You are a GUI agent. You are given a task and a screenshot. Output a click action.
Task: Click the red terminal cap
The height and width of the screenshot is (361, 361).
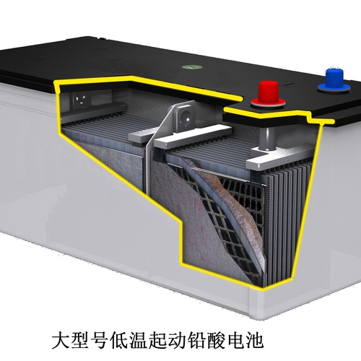pyautogui.click(x=269, y=92)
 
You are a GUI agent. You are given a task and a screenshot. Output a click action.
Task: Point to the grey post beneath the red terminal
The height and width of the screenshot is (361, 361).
pyautogui.click(x=267, y=139)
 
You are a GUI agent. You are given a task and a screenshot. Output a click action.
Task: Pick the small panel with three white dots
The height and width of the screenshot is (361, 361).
pyautogui.click(x=80, y=99)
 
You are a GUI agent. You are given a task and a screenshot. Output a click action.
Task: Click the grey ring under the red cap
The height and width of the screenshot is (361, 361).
pyautogui.click(x=268, y=103)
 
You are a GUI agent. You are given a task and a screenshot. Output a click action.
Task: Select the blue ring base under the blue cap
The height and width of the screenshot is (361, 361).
pyautogui.click(x=334, y=88)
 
